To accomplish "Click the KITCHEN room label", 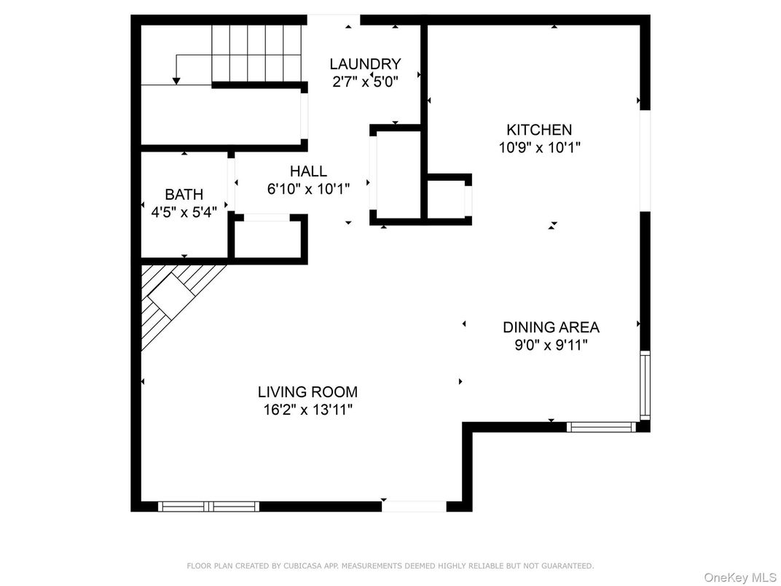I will (539, 130).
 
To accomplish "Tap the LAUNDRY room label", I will (364, 64).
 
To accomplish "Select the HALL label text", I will (308, 172).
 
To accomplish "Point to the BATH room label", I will (184, 195).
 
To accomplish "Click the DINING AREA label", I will (551, 327).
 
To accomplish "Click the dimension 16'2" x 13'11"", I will (308, 410).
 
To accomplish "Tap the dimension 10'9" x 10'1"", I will (539, 147).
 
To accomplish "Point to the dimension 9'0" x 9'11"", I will (551, 345).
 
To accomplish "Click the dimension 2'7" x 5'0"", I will (365, 82).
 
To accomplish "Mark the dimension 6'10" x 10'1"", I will (308, 189).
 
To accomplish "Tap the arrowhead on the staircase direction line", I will (176, 80).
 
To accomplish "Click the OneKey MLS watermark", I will (739, 577).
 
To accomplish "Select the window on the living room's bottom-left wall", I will (208, 506).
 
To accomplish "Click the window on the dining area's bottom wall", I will (601, 427).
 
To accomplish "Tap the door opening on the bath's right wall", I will (232, 182).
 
